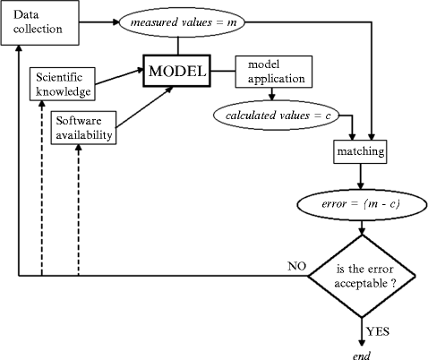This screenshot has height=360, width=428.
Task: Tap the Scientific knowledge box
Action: (61, 83)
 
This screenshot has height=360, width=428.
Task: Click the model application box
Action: (271, 72)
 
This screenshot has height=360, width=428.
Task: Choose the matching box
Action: (361, 152)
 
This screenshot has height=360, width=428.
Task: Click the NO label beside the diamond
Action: (296, 266)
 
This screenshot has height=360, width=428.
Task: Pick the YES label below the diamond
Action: (378, 330)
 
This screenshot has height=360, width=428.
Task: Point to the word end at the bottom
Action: (362, 352)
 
